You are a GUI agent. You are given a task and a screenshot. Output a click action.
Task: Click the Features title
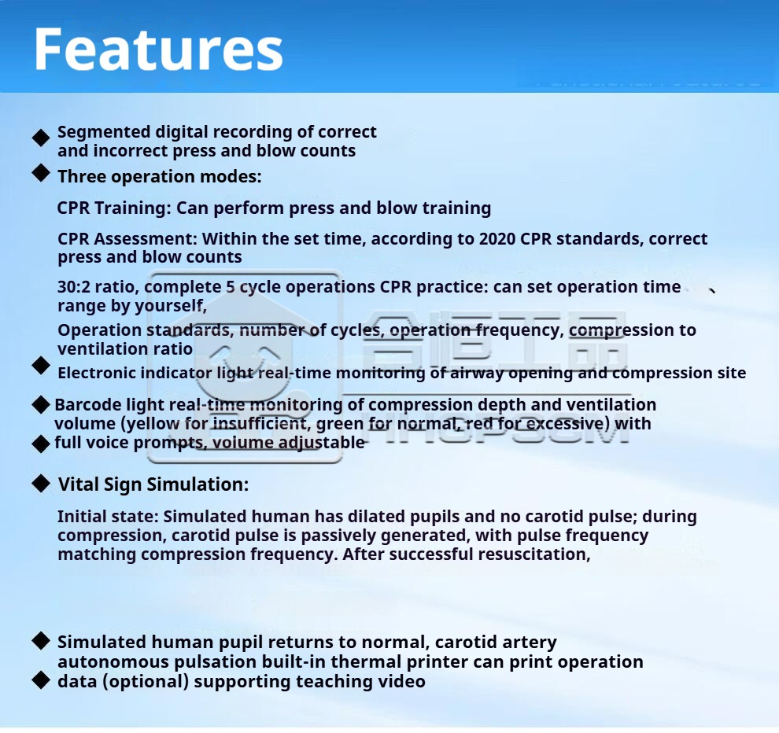[158, 50]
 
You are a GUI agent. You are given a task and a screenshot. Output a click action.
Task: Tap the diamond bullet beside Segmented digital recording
[41, 138]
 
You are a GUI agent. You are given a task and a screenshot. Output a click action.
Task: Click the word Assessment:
[145, 239]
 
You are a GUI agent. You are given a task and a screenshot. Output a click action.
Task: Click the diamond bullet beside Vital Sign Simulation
[41, 483]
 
